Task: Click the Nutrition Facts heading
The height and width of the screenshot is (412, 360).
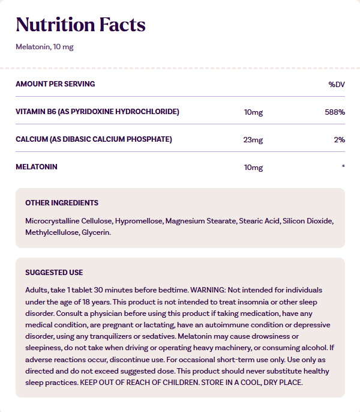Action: pyautogui.click(x=80, y=25)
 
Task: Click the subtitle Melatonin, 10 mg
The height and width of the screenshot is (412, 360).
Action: pyautogui.click(x=44, y=47)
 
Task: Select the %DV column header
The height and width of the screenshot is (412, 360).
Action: pyautogui.click(x=337, y=84)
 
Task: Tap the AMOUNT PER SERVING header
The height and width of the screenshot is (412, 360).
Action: pyautogui.click(x=55, y=84)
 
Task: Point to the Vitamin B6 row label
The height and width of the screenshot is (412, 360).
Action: pyautogui.click(x=97, y=112)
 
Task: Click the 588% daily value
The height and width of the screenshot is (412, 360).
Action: pyautogui.click(x=334, y=112)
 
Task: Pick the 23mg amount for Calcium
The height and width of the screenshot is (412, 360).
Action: pyautogui.click(x=253, y=140)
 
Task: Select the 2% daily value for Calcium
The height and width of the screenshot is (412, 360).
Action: pyautogui.click(x=340, y=140)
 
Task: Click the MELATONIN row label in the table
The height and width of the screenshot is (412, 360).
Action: pyautogui.click(x=37, y=167)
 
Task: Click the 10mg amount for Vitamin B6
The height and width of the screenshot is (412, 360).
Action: pyautogui.click(x=253, y=112)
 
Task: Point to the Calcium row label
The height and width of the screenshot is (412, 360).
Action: pyautogui.click(x=94, y=139)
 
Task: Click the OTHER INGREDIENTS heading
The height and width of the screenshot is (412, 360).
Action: pyautogui.click(x=62, y=203)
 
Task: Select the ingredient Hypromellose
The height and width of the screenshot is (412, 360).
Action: pyautogui.click(x=139, y=221)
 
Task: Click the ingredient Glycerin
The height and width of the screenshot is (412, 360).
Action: pyautogui.click(x=96, y=232)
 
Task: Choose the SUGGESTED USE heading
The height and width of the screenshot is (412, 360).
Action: pyautogui.click(x=54, y=273)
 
